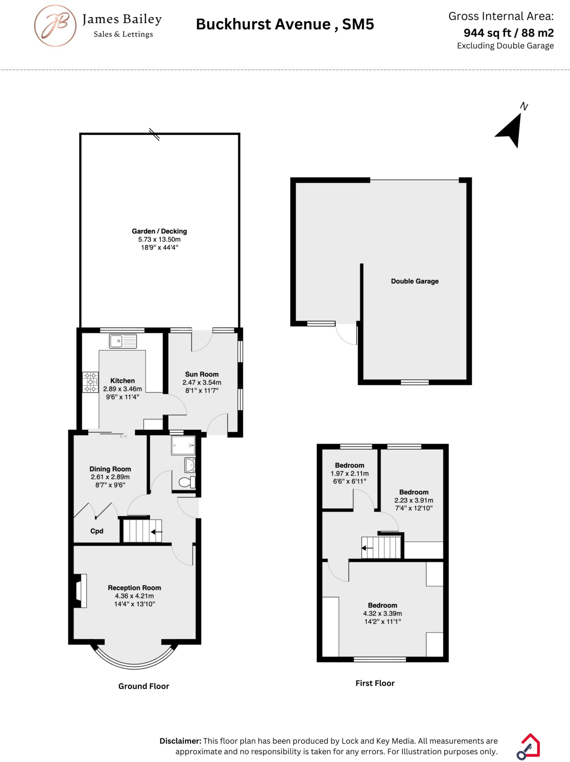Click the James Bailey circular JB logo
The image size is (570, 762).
[x=55, y=26]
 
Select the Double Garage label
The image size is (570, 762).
[x=414, y=281]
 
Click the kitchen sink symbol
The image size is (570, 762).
[x=123, y=341]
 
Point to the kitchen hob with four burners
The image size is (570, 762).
[x=90, y=382]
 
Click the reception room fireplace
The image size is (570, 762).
[x=80, y=591]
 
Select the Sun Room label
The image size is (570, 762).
[x=202, y=374]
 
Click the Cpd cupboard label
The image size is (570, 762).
[x=97, y=531]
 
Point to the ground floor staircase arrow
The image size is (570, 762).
[x=157, y=532]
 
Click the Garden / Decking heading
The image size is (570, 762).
[x=159, y=231]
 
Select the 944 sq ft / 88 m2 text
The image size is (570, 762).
[x=508, y=33]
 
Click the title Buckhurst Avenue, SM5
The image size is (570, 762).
[x=285, y=25]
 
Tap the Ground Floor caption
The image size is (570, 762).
[x=144, y=686]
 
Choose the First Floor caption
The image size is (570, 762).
[x=375, y=683]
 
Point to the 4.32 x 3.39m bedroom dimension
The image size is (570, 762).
[x=382, y=614]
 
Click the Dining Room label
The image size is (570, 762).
[x=110, y=469]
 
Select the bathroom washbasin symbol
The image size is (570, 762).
[x=190, y=465]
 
